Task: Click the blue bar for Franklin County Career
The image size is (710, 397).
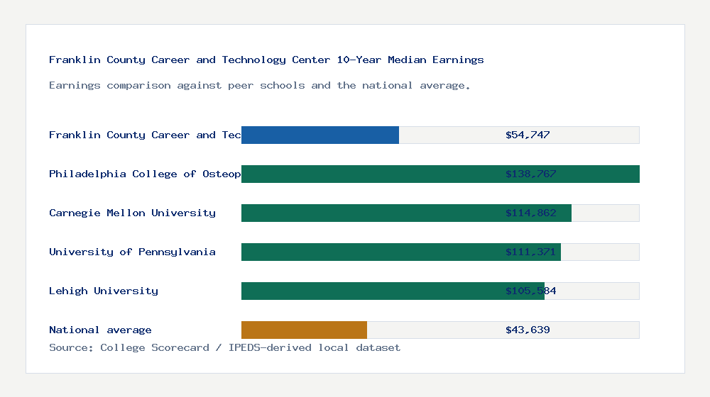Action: coord(319,135)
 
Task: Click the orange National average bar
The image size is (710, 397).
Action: coord(304,330)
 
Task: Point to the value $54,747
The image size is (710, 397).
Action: coord(528,135)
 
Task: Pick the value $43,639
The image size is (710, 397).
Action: coord(528,330)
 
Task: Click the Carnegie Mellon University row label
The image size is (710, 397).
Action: coord(132,213)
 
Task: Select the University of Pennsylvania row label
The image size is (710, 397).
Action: coord(132,252)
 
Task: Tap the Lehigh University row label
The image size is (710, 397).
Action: coord(104,291)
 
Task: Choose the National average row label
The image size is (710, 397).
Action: coord(100,330)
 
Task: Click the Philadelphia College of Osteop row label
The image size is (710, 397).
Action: coord(145,174)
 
